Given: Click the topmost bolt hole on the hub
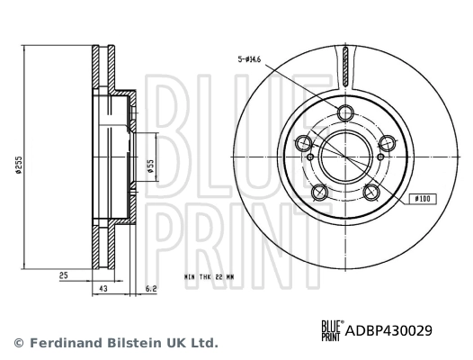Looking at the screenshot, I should pos(345,112).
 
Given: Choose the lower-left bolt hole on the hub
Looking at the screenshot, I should pos(318,191).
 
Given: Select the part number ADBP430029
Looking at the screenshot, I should pos(389,329).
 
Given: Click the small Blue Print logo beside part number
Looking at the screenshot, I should pos(330,329).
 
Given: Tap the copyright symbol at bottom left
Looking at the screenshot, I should pos(18,343).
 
